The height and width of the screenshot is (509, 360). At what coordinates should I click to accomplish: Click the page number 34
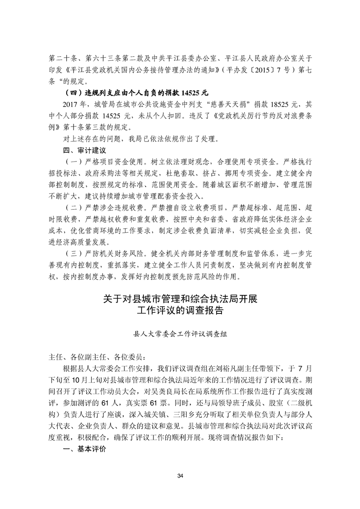[x=180, y=475]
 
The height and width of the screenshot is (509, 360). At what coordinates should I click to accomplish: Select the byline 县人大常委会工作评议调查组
[x=180, y=333]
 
